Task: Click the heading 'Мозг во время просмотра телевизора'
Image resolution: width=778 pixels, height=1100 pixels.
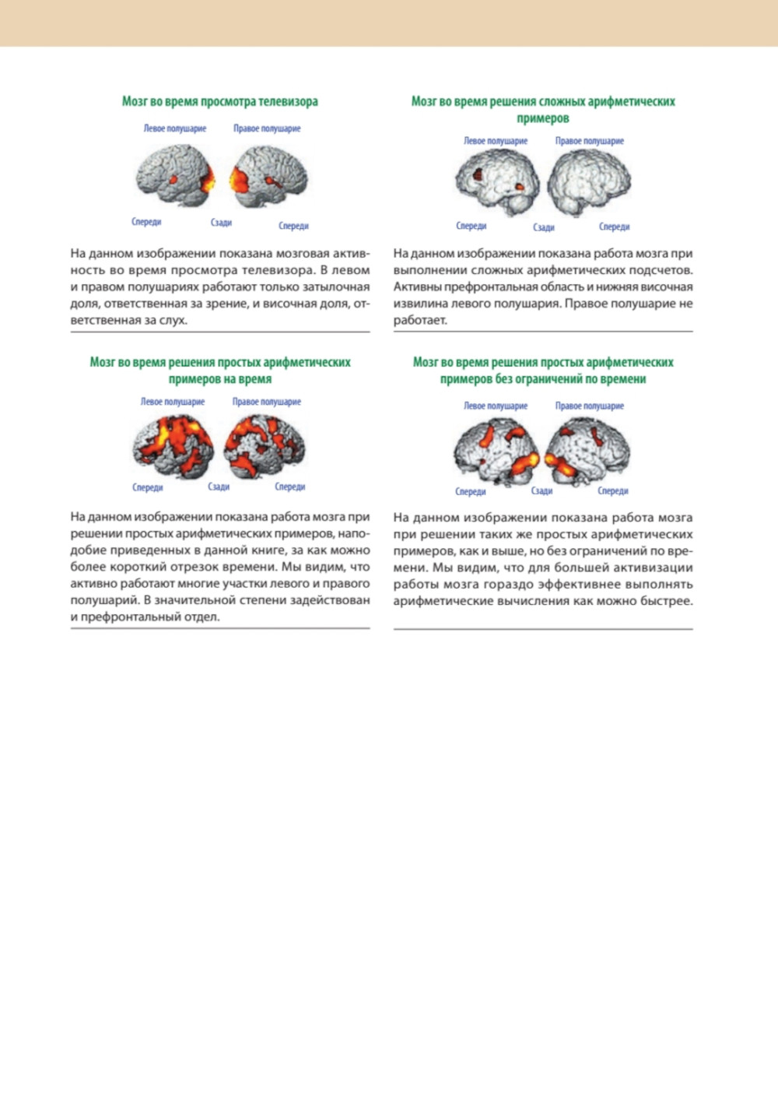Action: point(220,102)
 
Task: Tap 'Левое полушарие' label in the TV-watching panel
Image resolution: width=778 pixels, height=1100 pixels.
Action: point(175,128)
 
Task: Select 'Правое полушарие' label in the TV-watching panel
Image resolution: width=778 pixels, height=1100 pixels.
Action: point(267,128)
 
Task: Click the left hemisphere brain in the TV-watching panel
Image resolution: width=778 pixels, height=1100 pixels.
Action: point(176,175)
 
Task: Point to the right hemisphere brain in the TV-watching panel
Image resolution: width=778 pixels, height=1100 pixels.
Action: point(268,177)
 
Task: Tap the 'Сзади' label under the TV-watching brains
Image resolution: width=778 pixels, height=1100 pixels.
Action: point(221,223)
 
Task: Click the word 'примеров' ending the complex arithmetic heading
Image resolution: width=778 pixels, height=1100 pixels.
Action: point(543,119)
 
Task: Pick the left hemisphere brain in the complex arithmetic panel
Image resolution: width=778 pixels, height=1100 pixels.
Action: point(497,182)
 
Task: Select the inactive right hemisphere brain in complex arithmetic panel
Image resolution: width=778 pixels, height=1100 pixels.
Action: point(589,182)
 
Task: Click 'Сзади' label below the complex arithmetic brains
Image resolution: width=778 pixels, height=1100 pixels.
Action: point(543,227)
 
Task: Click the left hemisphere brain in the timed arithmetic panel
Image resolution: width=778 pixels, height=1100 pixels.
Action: point(173,447)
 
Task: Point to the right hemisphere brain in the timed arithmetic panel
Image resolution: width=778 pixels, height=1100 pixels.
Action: point(265,447)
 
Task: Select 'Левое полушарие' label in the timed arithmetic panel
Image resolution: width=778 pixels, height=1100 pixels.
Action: point(172,402)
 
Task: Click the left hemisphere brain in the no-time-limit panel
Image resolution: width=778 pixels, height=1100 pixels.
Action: point(496,450)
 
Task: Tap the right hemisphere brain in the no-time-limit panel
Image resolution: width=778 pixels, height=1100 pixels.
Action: point(588,450)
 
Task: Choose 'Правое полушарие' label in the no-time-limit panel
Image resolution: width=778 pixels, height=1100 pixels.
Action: point(589,406)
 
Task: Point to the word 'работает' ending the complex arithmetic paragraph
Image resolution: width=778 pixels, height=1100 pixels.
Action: point(419,320)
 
